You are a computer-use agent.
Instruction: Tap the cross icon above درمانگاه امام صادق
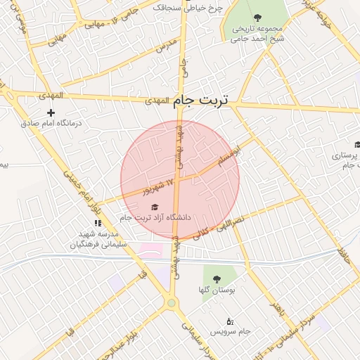pos(51,112)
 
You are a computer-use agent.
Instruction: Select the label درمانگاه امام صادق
pos(51,123)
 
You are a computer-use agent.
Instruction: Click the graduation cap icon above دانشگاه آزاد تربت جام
pos(155,207)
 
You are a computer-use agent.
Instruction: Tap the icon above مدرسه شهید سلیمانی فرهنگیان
pos(98,223)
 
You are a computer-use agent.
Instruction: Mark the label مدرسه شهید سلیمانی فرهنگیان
pos(98,239)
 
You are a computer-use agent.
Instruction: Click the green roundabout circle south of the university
pos(171,303)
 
